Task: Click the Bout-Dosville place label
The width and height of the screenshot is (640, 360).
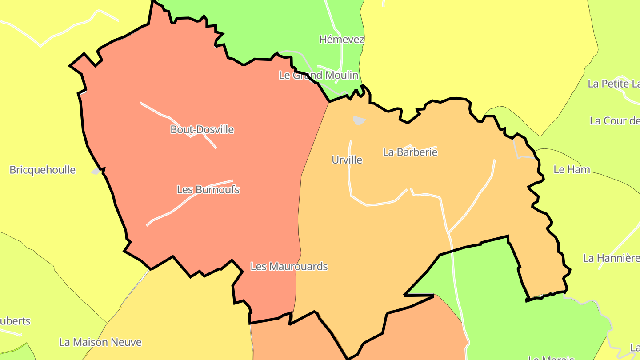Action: (x=202, y=130)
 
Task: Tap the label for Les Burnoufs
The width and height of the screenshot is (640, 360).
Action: (x=208, y=190)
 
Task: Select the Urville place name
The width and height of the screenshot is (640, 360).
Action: (x=347, y=160)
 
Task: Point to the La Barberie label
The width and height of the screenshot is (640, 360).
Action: (x=410, y=152)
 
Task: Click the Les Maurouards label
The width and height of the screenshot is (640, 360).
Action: (x=289, y=267)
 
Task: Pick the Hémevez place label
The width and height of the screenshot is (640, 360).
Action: (x=341, y=40)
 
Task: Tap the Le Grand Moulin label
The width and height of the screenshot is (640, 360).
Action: (x=318, y=75)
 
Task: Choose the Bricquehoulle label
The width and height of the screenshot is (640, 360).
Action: (x=42, y=170)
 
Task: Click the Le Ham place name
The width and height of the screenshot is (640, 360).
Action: (x=572, y=169)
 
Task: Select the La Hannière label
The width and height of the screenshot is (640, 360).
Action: (x=611, y=258)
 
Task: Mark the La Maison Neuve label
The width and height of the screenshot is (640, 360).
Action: (x=100, y=342)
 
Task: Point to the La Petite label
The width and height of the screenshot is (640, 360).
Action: (x=613, y=84)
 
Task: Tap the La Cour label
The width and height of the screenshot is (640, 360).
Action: (x=614, y=121)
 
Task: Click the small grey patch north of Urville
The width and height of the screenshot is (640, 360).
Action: (x=358, y=120)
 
